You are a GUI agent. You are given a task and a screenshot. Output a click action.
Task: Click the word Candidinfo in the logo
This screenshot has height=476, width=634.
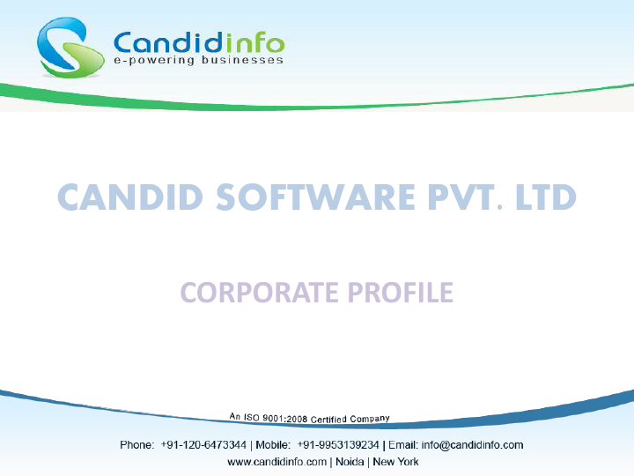click(198, 41)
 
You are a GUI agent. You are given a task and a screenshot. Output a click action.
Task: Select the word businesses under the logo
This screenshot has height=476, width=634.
click(237, 61)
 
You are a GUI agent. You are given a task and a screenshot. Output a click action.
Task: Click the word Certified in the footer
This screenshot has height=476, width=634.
click(330, 418)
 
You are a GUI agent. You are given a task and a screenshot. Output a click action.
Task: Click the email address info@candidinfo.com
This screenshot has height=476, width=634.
click(474, 445)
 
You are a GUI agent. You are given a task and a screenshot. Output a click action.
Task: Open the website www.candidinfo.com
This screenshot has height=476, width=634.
click(276, 462)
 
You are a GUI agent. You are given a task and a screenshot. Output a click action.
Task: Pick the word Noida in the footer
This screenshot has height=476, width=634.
click(348, 462)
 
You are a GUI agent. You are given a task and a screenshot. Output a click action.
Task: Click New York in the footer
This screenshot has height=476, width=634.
click(395, 462)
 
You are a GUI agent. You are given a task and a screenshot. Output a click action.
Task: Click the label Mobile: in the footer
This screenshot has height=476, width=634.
click(273, 445)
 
